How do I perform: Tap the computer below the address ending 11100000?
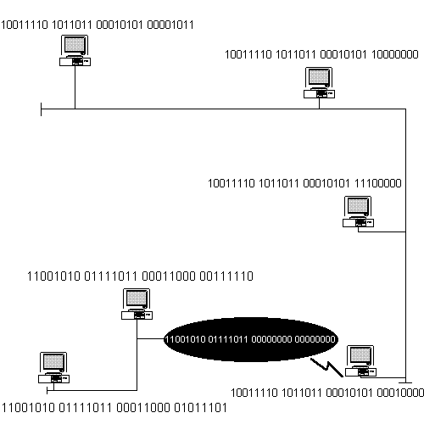(x=358, y=212)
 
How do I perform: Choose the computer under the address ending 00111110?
(x=137, y=304)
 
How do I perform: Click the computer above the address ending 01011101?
(x=54, y=366)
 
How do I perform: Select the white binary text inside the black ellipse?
(x=250, y=340)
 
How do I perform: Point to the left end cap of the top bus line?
(x=41, y=109)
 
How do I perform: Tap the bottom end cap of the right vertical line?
(x=408, y=380)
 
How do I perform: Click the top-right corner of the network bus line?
(x=408, y=109)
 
